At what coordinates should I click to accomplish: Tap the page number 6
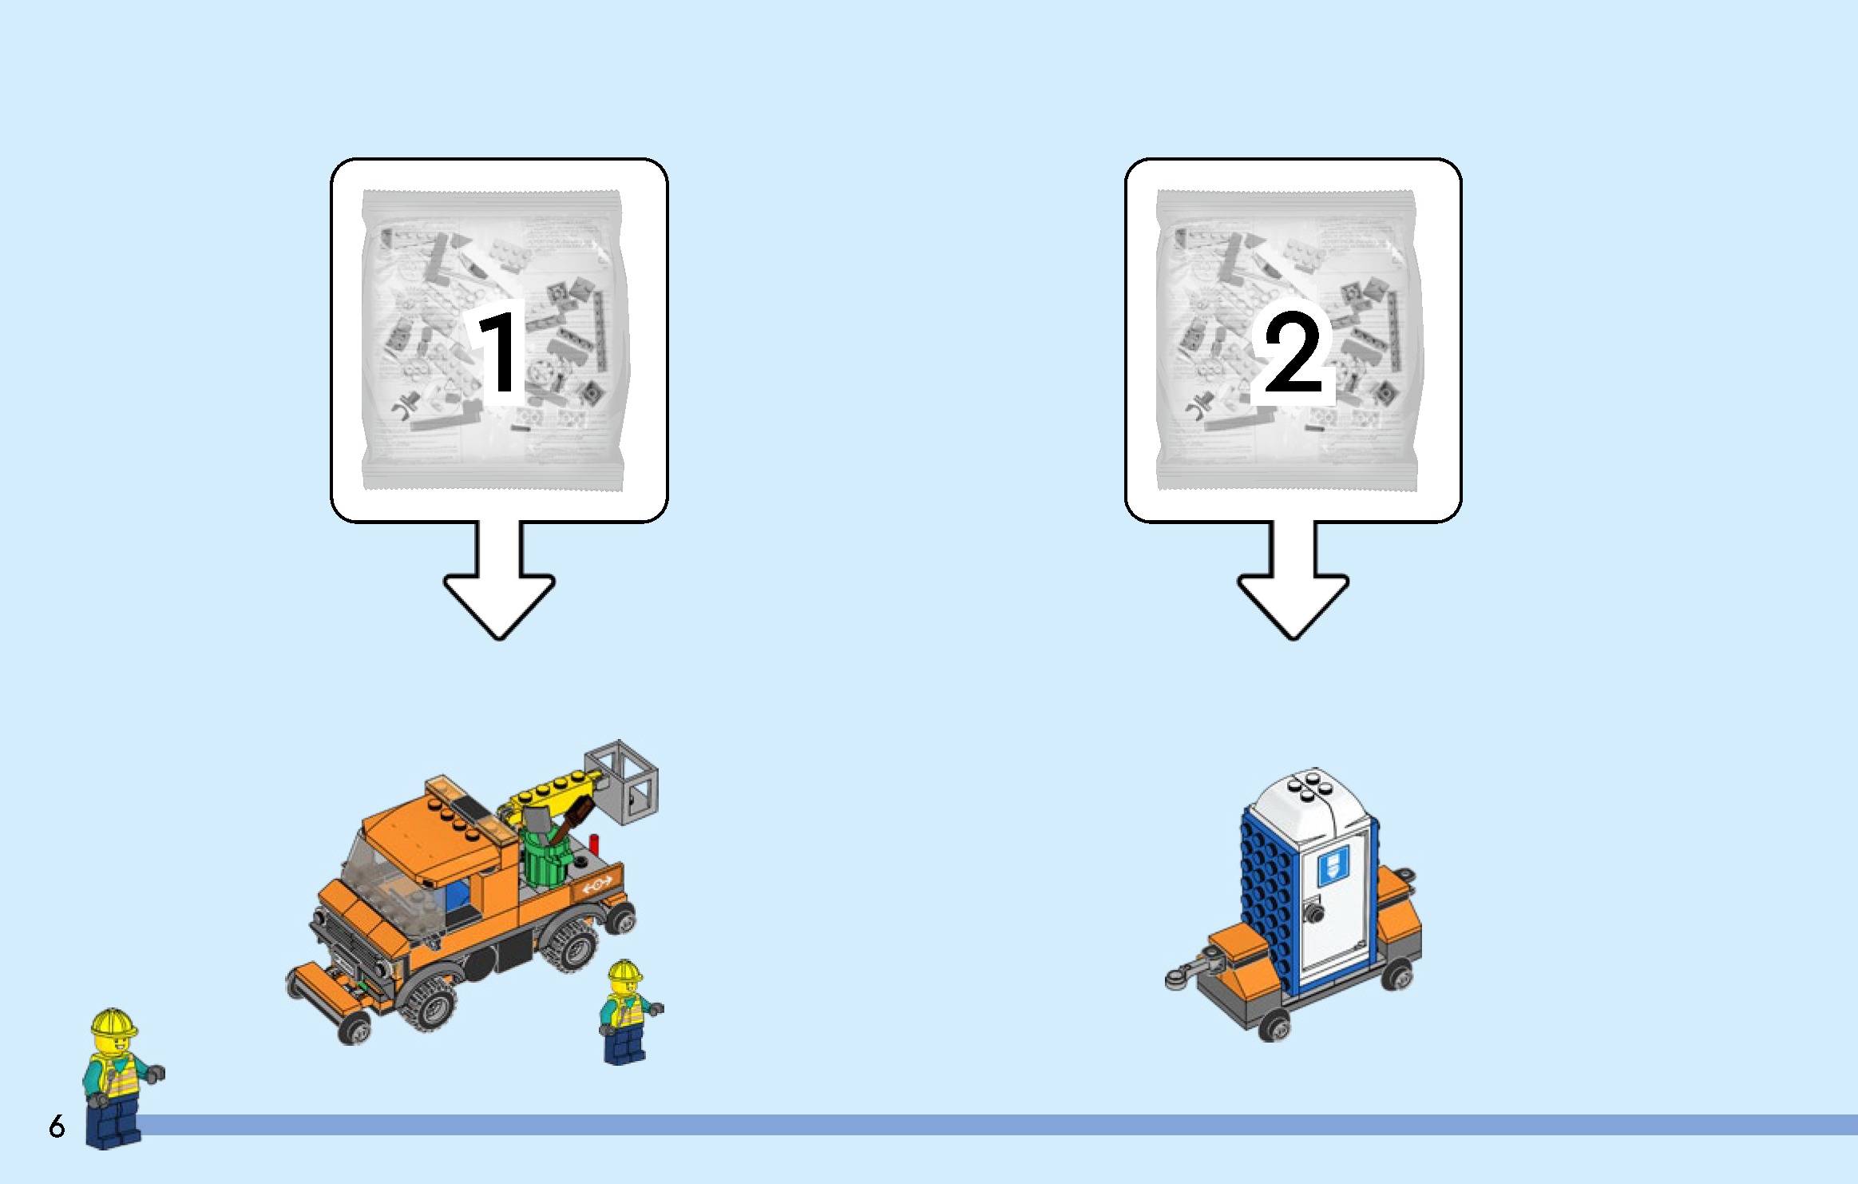(57, 1126)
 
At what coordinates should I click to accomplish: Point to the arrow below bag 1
(499, 580)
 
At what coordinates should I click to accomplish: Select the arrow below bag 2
(1293, 580)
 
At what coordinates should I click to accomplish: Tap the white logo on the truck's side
(597, 884)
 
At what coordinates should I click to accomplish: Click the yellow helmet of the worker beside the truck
(624, 971)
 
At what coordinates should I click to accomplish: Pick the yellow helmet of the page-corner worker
(113, 1023)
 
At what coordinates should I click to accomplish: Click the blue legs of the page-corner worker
(114, 1122)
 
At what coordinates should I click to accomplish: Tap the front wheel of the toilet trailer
(1274, 1026)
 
